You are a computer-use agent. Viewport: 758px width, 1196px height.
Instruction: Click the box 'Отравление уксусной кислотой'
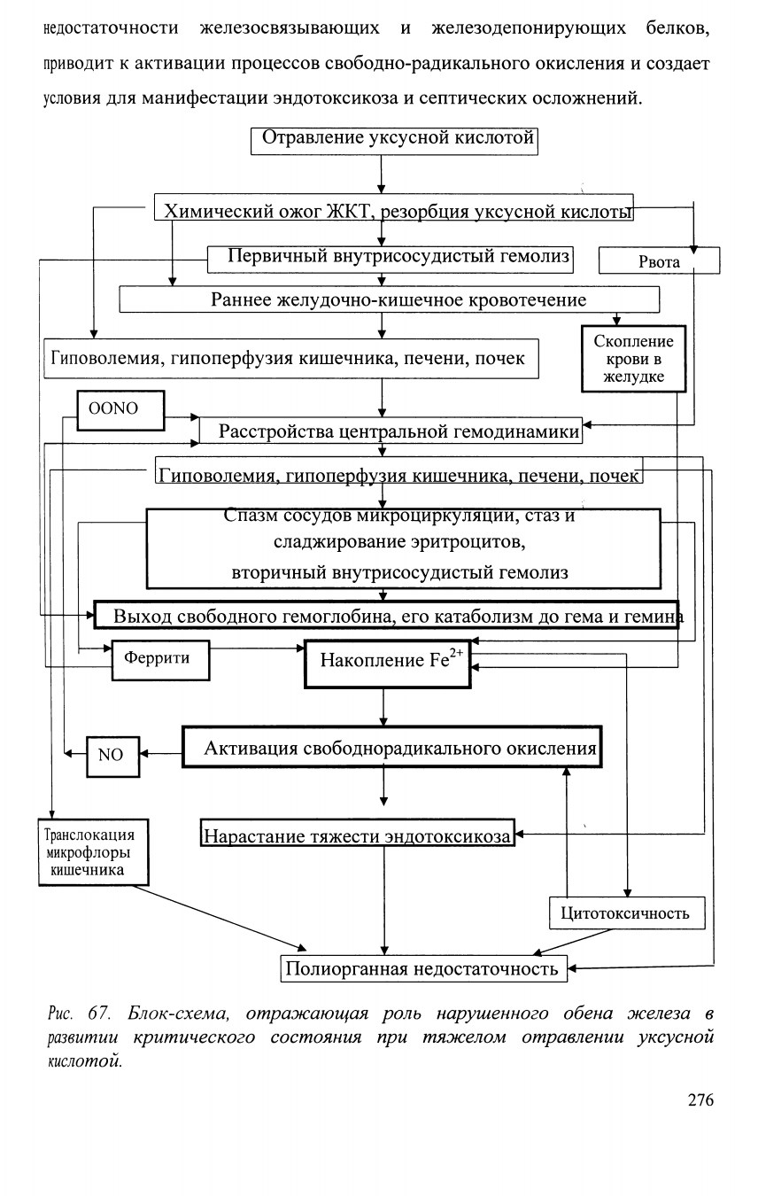click(394, 142)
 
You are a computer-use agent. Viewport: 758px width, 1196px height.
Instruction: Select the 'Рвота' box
click(659, 260)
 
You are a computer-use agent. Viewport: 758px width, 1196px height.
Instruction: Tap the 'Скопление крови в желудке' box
click(634, 359)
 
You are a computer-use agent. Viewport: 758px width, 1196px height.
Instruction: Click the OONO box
click(120, 410)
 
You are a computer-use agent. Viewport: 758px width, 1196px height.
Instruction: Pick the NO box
click(113, 757)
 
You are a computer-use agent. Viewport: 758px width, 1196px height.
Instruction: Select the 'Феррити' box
click(160, 660)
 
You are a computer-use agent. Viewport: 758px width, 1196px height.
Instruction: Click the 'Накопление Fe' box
click(388, 664)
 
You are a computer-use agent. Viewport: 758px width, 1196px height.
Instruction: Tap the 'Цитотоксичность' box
click(627, 913)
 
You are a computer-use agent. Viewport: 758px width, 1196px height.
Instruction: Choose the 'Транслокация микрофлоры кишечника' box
click(93, 852)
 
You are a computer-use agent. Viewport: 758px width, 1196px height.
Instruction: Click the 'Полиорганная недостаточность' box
click(424, 968)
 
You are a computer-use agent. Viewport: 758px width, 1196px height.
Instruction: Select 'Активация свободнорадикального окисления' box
click(392, 747)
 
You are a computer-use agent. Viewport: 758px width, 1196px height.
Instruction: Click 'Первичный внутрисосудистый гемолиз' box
click(391, 260)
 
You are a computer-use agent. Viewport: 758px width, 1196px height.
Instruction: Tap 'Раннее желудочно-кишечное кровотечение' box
click(389, 299)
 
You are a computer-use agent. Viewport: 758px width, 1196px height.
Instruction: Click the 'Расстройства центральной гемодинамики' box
click(391, 431)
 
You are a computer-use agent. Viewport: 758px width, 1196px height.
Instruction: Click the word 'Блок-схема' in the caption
click(178, 1013)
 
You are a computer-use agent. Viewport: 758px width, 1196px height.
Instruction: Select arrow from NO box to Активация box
click(160, 754)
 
